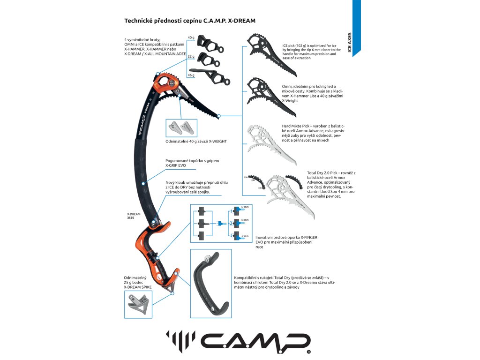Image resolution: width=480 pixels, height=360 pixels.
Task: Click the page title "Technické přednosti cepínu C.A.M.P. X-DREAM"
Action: [190, 21]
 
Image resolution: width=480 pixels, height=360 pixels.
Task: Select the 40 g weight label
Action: [191, 37]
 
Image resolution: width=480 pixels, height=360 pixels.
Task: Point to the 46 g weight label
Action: [191, 75]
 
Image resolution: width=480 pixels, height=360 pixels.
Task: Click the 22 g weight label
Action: [191, 57]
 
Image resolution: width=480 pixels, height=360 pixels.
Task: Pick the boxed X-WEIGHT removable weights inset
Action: [181, 127]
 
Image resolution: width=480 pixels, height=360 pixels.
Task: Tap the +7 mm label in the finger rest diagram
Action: [244, 206]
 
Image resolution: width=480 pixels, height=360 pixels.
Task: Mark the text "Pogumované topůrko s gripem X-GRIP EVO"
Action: [186, 163]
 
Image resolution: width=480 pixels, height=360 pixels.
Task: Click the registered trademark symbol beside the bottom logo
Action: [308, 352]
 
